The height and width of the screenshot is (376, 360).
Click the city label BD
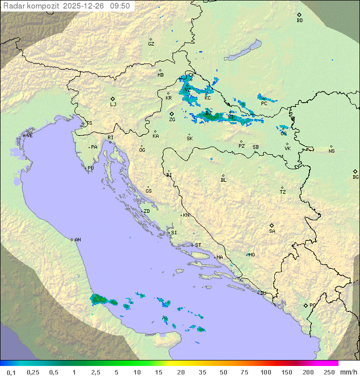299,21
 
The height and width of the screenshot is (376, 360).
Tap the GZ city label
151,44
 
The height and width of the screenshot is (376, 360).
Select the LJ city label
113,104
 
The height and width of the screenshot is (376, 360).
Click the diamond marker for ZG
171,114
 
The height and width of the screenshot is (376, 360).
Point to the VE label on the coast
29,136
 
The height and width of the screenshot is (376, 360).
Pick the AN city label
77,240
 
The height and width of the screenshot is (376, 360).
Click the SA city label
272,231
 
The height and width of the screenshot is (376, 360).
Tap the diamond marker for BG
355,171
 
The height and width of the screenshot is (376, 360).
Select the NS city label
331,151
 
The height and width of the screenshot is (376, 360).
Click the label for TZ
283,192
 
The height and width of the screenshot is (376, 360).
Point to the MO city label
251,254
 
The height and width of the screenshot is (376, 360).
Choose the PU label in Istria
90,168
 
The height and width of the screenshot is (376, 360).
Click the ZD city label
146,211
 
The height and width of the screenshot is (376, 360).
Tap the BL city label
223,180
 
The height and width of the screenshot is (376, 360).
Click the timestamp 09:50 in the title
120,6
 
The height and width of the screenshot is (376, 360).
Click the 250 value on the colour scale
329,372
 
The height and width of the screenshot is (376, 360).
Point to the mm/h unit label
348,372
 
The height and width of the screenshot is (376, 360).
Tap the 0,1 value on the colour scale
11,372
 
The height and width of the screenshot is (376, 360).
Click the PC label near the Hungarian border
263,104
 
